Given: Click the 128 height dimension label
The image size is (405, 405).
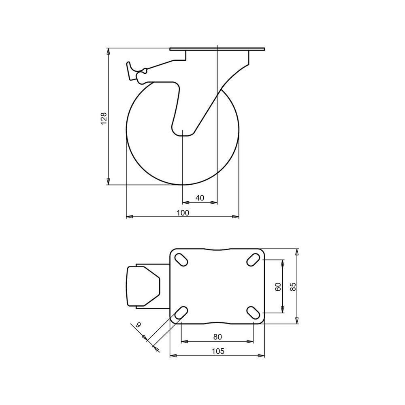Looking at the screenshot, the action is (x=104, y=119).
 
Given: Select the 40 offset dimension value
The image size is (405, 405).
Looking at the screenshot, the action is (x=200, y=198).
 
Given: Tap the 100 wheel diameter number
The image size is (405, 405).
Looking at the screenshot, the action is (x=183, y=213).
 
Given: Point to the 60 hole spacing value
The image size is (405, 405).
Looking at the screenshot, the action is (x=278, y=287).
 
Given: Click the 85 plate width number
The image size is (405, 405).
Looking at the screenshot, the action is (x=293, y=287).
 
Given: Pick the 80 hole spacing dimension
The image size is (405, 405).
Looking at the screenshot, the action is (x=217, y=337).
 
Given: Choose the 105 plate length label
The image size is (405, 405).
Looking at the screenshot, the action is (x=218, y=351).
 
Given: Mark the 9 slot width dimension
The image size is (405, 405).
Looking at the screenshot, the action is (x=139, y=325).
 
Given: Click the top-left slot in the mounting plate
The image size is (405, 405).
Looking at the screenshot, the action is (x=181, y=259).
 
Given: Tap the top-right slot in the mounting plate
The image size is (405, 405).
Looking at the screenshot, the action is (x=253, y=259).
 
